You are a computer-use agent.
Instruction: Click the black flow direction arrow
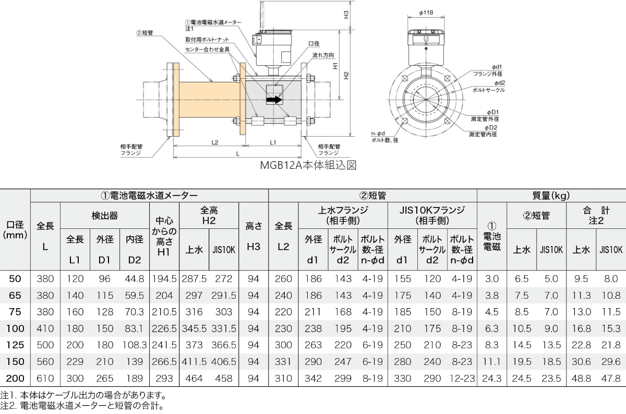pos(274,100)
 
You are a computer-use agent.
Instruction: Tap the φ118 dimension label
pos(426,13)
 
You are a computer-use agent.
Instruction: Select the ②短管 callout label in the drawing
pos(145,33)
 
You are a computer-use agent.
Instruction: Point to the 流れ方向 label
pos(323,55)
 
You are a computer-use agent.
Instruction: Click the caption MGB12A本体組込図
pos(308,165)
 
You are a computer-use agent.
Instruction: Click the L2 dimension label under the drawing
pos(214,142)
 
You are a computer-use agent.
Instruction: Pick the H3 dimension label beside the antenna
pos(346,15)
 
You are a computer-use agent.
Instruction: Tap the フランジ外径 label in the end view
pos(488,74)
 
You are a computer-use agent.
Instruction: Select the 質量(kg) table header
pos(551,196)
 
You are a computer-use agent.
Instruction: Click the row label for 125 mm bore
pos(15,345)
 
